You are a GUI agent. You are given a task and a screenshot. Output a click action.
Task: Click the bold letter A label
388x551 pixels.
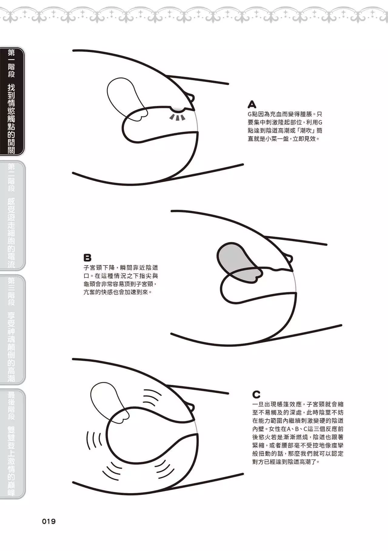252,104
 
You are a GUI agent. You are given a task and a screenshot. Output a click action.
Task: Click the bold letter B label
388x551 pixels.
87,258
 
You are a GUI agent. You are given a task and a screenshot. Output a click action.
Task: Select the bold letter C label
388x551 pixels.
256,394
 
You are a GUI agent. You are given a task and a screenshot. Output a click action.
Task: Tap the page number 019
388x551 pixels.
49,522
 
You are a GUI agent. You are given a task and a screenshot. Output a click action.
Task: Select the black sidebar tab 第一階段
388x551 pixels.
12,101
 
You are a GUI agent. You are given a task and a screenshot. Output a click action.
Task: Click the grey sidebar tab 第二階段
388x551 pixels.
12,216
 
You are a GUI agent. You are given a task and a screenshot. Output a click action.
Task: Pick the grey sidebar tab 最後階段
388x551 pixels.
12,444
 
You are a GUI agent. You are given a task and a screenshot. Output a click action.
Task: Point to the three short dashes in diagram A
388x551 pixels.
177,117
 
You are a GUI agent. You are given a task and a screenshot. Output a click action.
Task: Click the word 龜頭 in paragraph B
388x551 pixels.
89,284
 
